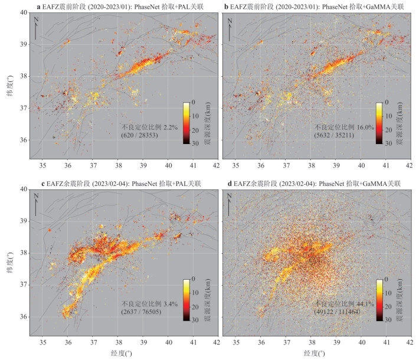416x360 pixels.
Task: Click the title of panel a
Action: point(118,7)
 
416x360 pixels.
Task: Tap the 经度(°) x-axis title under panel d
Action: point(316,354)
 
